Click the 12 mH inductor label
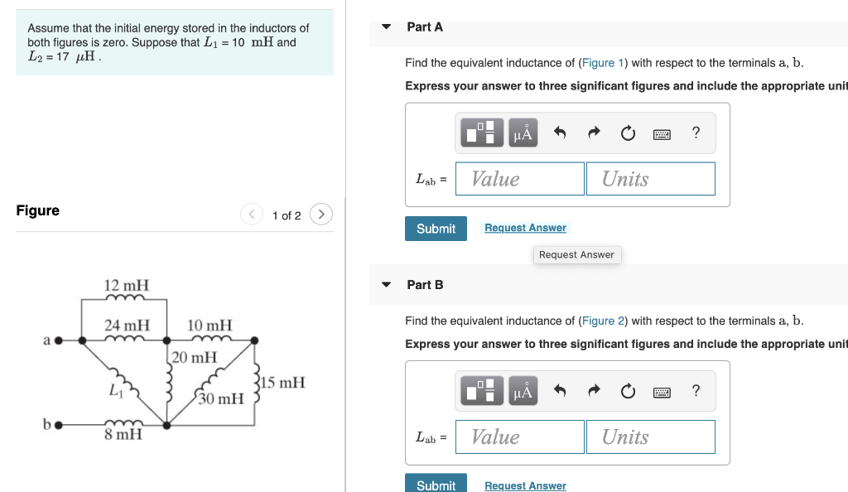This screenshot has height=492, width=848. [126, 286]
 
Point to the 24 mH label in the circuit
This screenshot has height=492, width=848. [127, 326]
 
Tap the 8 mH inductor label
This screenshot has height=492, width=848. [123, 434]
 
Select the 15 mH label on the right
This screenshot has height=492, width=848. [283, 383]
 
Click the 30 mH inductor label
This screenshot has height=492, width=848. [221, 399]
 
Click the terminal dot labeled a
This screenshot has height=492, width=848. [58, 340]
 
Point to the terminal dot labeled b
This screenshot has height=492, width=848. [58, 426]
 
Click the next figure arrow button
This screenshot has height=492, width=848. [320, 215]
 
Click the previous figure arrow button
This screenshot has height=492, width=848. [252, 215]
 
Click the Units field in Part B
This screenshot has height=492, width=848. [650, 437]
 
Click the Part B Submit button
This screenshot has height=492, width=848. [436, 485]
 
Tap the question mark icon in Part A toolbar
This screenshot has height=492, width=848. [696, 133]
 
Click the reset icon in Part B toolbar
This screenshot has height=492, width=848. [628, 391]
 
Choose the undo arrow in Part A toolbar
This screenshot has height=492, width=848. [560, 133]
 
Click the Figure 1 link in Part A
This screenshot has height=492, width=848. [597, 63]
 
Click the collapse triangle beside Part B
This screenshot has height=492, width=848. [386, 285]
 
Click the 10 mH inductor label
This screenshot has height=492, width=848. [210, 326]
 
